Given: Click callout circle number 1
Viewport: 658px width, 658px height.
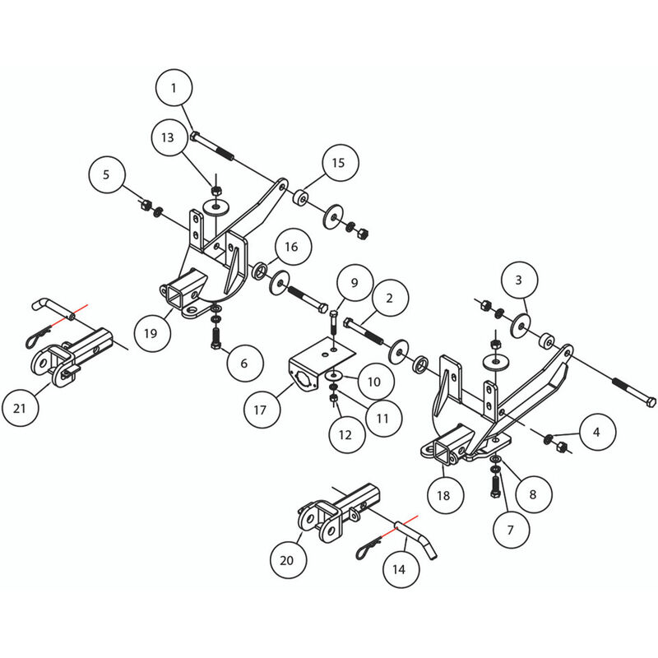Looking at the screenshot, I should click(174, 88).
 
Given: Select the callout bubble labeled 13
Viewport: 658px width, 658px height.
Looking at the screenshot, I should click(168, 137).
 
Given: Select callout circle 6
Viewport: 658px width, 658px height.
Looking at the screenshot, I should click(246, 361).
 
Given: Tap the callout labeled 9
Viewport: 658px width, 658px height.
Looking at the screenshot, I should click(354, 283).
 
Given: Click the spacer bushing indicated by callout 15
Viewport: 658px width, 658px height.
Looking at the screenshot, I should click(302, 199).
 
